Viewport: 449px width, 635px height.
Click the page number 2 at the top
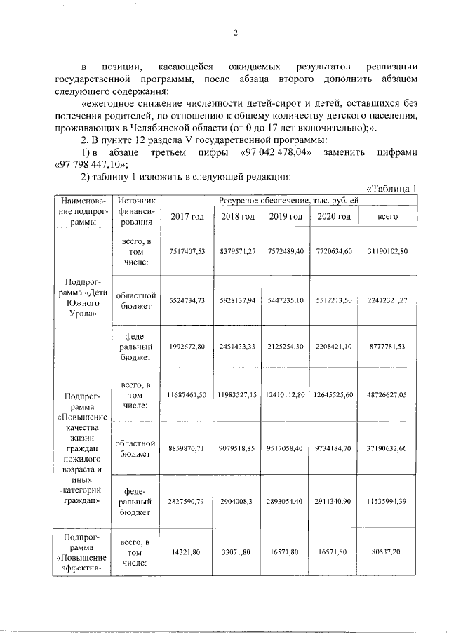236,33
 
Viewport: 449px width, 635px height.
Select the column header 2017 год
187,216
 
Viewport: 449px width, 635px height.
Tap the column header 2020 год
333,216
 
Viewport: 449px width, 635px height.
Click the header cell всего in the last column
388,216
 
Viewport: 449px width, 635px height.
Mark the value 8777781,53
388,346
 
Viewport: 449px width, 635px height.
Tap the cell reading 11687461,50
187,396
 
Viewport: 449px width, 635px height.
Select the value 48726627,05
388,396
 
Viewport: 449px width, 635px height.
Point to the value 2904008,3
236,503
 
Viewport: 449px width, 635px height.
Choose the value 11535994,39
388,503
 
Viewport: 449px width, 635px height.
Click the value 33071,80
236,553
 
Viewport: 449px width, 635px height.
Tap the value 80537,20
388,553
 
